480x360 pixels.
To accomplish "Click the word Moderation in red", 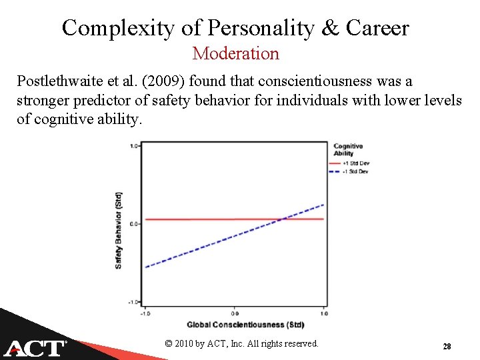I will click(235, 53).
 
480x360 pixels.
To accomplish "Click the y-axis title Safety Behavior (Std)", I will click(119, 230).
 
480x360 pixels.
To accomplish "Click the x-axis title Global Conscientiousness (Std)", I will click(245, 325).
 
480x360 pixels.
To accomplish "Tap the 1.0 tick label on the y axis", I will click(134, 145).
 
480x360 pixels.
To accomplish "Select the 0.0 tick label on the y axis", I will click(134, 224).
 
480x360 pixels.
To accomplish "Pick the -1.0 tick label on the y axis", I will click(133, 302).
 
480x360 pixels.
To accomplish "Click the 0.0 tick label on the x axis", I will click(235, 313).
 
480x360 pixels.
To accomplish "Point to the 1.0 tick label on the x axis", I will click(323, 313).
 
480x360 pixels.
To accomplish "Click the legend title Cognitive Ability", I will click(348, 149).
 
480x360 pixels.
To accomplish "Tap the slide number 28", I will click(447, 347).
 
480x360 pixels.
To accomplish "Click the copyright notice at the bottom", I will click(241, 343).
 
